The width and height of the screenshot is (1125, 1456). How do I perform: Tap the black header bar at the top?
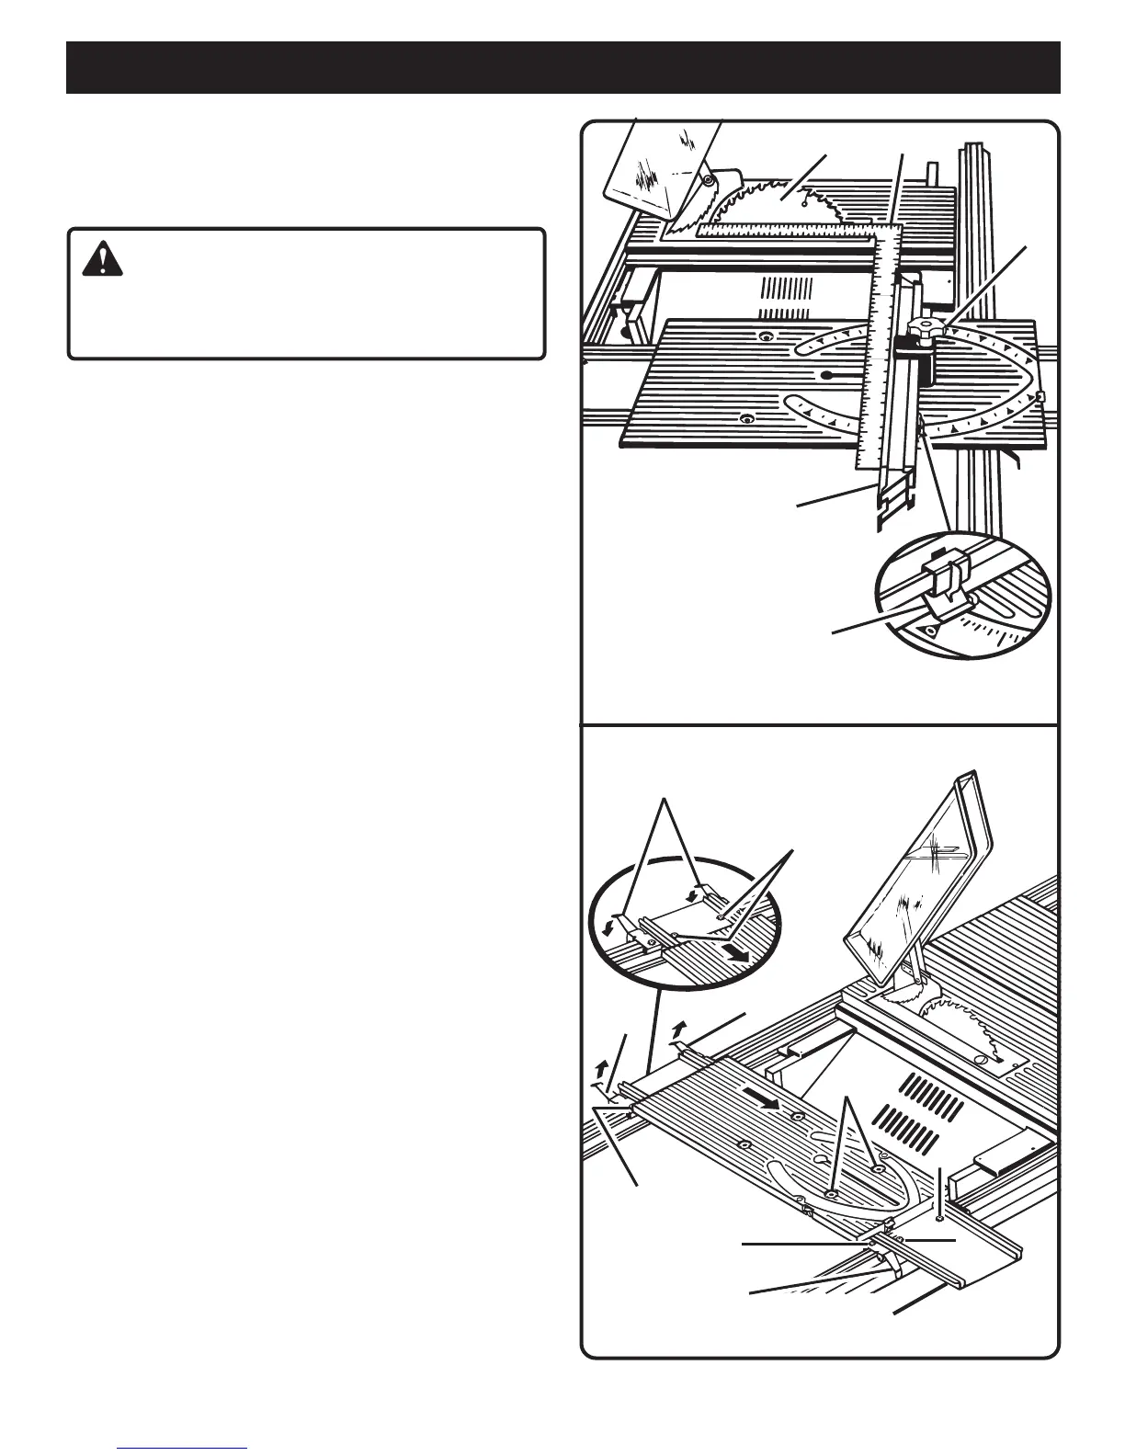click(562, 67)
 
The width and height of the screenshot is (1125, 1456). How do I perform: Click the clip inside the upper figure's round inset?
click(943, 588)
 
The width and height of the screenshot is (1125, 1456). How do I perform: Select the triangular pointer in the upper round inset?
click(929, 631)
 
